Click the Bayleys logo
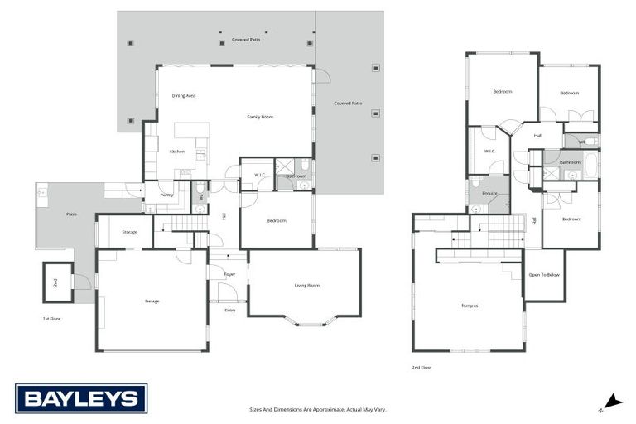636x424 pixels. point(80,398)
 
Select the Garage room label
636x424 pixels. point(152,301)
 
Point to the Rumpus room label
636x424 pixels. point(470,306)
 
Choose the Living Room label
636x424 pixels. point(306,286)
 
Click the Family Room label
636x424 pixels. point(260,117)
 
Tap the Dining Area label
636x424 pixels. point(184,96)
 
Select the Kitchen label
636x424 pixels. point(177,152)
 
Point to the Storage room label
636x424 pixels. point(129,232)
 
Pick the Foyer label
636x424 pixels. point(229,274)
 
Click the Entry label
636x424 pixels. point(229,310)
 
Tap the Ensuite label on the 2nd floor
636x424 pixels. point(489,194)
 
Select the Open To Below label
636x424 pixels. point(544,275)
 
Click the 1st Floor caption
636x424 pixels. point(52,318)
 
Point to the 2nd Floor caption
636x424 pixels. point(422,367)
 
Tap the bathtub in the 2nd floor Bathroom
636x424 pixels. point(592,164)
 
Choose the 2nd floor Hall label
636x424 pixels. point(537,135)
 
